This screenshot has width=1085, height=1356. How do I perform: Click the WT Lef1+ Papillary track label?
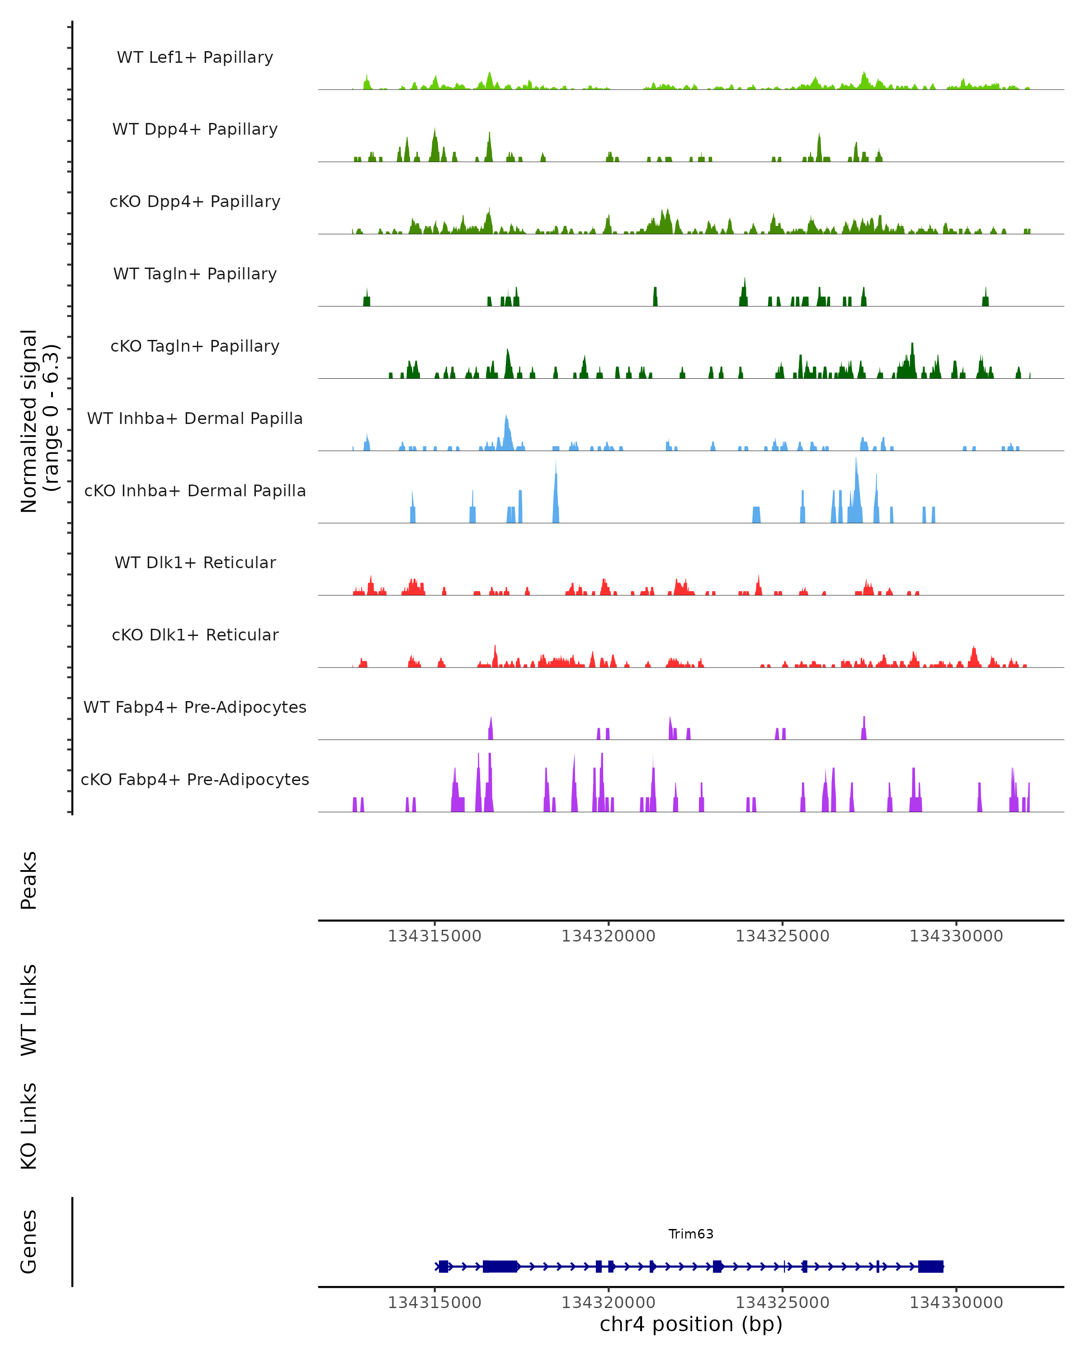(x=195, y=57)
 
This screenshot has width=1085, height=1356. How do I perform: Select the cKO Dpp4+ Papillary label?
(x=195, y=202)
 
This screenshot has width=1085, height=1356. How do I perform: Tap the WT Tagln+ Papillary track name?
(x=195, y=274)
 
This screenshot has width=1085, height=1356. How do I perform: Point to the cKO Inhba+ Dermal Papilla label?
(x=195, y=491)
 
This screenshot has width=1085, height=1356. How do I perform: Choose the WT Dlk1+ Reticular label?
(x=195, y=563)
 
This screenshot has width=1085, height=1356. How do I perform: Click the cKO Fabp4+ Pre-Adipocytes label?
(x=195, y=780)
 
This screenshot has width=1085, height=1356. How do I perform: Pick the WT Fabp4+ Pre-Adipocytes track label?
(x=195, y=707)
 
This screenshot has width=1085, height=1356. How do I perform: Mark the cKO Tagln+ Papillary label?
(x=195, y=347)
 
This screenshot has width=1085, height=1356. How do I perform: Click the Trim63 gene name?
(x=691, y=1234)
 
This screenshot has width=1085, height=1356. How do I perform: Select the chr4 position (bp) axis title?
(x=691, y=1324)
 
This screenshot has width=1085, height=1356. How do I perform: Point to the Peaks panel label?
(x=29, y=880)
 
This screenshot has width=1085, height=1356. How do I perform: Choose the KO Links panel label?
(x=29, y=1126)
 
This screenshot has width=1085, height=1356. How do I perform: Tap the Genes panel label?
(x=29, y=1242)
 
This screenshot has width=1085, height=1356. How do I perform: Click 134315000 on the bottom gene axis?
(x=434, y=1303)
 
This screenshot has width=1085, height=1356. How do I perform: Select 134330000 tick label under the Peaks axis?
(x=956, y=937)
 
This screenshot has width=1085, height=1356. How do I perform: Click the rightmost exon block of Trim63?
(x=931, y=1267)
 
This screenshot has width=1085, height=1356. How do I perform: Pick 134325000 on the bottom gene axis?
(x=783, y=1303)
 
